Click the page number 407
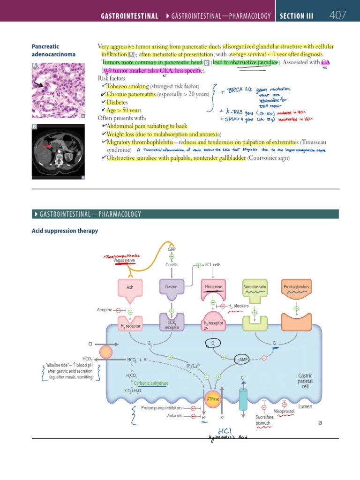pos(337,15)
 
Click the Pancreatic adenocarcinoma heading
pos(53,51)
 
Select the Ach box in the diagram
pos(130,287)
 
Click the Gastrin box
pos(171,286)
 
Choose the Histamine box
pos(213,286)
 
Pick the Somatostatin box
pos(255,286)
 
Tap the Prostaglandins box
pos(297,286)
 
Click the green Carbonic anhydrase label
pos(151,383)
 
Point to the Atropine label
pos(104,310)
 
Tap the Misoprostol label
pos(283,411)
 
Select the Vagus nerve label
pos(124,261)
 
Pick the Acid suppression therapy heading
pos(65,231)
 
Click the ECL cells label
pos(213,264)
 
